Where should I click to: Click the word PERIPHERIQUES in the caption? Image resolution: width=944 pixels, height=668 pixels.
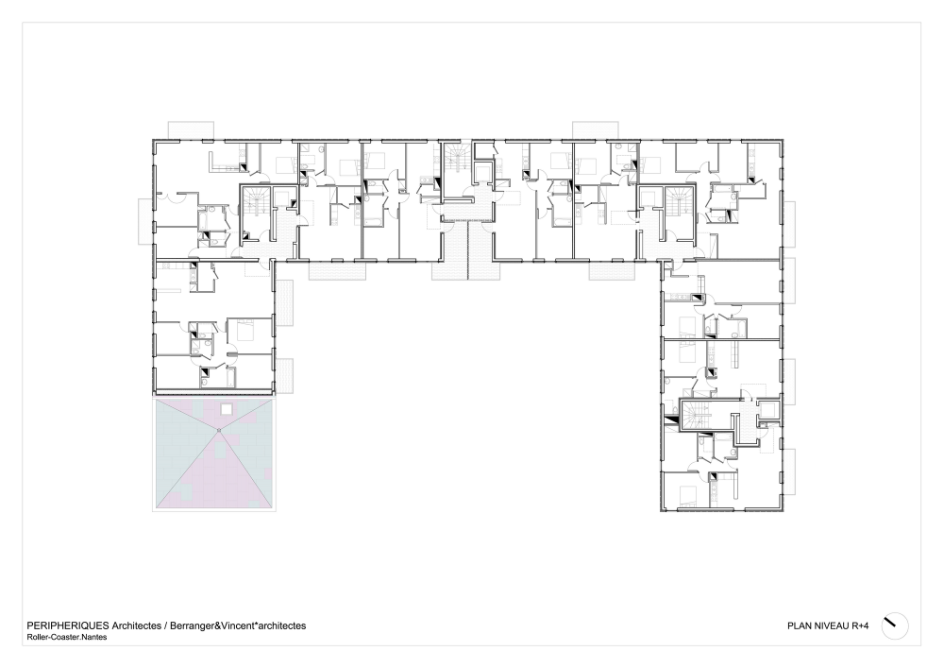(68, 625)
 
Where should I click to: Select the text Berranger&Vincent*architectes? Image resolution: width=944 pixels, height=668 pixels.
(238, 625)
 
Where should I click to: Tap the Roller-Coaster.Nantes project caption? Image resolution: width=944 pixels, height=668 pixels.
(67, 637)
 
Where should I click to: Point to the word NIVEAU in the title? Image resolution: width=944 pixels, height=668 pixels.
(832, 625)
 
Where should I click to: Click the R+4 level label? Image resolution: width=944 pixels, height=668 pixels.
(860, 625)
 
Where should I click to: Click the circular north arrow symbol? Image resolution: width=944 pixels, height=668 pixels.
(895, 626)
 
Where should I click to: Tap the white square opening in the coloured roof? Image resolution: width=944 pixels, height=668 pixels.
(226, 409)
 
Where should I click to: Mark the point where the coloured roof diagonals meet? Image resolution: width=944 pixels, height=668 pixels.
(219, 430)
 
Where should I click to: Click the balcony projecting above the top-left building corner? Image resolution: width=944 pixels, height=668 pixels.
(191, 129)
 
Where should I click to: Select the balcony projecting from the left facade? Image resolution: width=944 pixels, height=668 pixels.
(145, 221)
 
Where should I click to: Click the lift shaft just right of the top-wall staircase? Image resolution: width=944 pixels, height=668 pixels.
(482, 172)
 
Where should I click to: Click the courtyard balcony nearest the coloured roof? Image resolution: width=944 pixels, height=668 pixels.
(285, 376)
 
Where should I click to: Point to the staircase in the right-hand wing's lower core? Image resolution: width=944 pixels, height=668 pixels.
(696, 416)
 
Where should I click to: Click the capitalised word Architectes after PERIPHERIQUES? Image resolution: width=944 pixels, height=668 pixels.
(137, 625)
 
